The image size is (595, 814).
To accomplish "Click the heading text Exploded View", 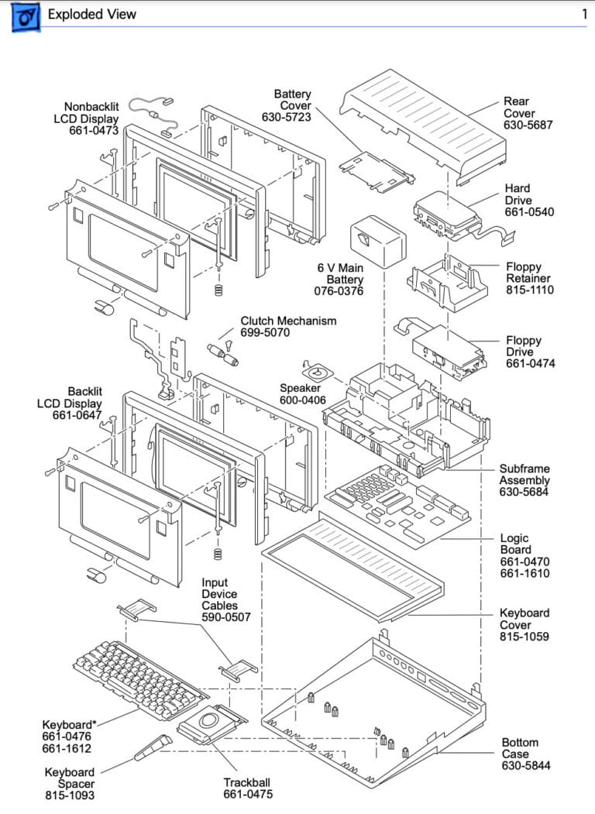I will (91, 14).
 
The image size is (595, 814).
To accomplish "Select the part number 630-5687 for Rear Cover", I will (528, 125).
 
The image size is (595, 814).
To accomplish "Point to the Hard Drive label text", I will (518, 194).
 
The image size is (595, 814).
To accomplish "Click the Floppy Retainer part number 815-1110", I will (530, 290).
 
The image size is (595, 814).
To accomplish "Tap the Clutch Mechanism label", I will (288, 321).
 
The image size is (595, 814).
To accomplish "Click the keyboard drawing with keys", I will (130, 678).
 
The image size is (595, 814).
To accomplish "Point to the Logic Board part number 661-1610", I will (524, 574).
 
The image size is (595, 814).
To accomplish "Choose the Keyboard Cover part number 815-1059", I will (524, 637).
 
